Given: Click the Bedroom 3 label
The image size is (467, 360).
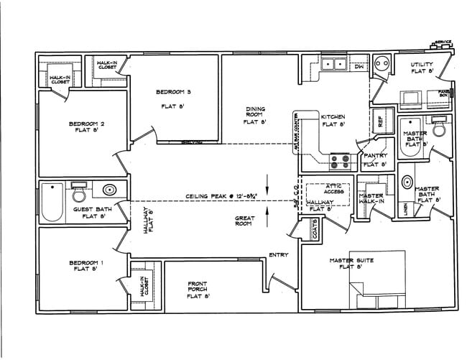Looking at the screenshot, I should pyautogui.click(x=173, y=92).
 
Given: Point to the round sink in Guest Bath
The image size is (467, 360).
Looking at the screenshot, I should pyautogui.click(x=109, y=191).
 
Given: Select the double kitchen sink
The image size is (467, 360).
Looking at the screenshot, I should pyautogui.click(x=334, y=65).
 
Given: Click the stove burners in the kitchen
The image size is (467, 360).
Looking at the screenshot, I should pyautogui.click(x=339, y=160).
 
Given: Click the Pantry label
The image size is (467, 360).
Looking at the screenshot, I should pyautogui.click(x=376, y=155).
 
